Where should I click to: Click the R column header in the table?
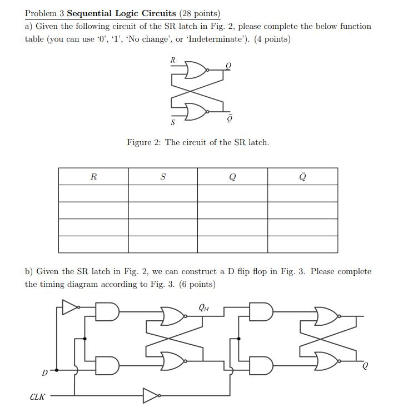[93, 177]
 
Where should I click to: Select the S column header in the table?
[163, 177]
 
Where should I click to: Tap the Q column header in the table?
[232, 177]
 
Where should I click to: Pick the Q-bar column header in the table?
[302, 176]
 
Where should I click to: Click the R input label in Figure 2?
[173, 59]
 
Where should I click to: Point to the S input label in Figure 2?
[173, 122]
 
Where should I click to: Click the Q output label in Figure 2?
[228, 66]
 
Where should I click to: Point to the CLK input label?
[38, 396]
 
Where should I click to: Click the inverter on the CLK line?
[151, 395]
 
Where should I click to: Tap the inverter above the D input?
[71, 307]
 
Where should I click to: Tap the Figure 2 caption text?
[198, 142]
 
